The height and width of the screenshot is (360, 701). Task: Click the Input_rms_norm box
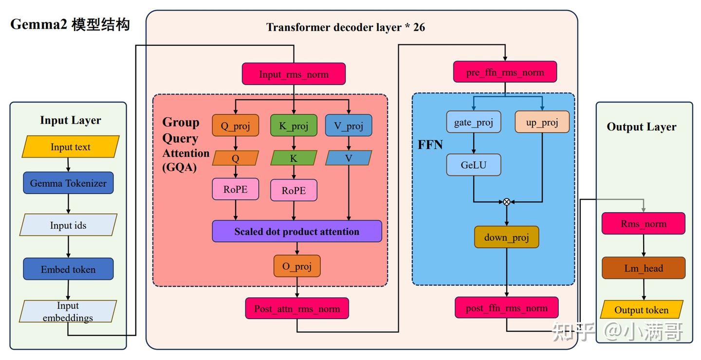tap(294, 74)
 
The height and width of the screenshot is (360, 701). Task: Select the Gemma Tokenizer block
tap(68, 183)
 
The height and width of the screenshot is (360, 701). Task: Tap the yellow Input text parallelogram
tap(71, 147)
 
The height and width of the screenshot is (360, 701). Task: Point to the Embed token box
tap(68, 270)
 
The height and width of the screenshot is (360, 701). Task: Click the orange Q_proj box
tap(236, 126)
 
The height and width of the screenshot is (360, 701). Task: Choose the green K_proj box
tap(294, 126)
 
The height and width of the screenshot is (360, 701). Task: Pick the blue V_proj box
tap(349, 126)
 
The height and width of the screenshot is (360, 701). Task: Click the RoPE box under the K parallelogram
tap(294, 190)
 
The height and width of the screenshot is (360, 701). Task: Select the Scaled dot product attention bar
tap(297, 232)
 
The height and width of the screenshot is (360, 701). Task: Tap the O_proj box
tap(297, 266)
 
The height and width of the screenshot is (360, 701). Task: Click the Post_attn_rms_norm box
tap(297, 308)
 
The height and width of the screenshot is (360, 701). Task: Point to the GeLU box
tap(474, 164)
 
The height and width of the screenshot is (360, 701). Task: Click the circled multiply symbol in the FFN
tap(506, 201)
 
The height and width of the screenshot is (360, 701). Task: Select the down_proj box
tap(506, 237)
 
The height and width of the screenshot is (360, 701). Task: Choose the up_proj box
tap(542, 122)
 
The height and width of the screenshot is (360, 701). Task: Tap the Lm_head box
tap(644, 268)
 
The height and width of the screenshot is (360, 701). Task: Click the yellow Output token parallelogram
tap(642, 310)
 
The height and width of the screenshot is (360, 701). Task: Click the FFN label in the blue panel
tap(430, 144)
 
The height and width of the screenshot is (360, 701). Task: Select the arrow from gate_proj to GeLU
tap(474, 144)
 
